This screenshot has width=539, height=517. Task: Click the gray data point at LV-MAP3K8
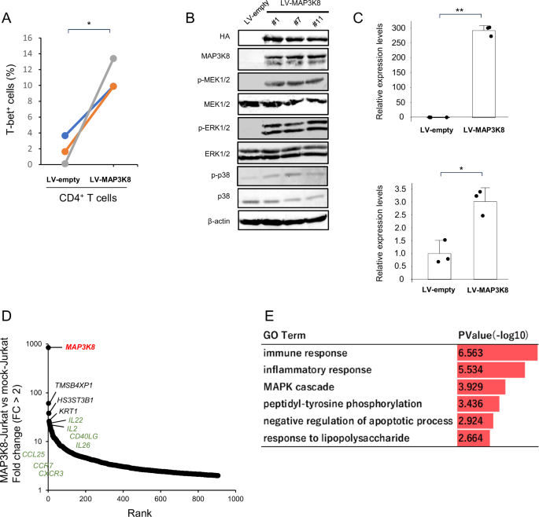coord(113,58)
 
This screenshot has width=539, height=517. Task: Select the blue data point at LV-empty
coord(65,135)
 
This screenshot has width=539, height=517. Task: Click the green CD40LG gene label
coord(83,435)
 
